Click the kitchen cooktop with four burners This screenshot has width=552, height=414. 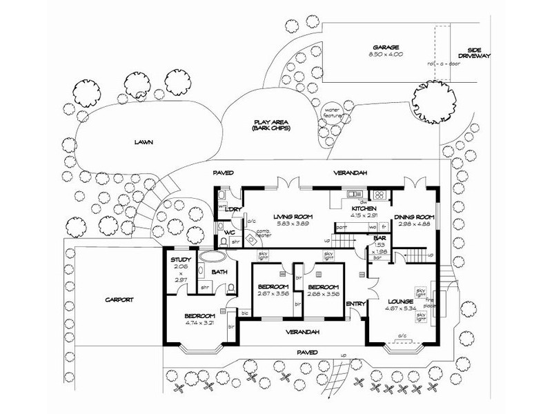tap(378, 195)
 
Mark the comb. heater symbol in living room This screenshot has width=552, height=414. tap(262, 234)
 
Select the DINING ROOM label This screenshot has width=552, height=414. tap(413, 216)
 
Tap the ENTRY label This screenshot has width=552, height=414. tap(354, 303)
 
